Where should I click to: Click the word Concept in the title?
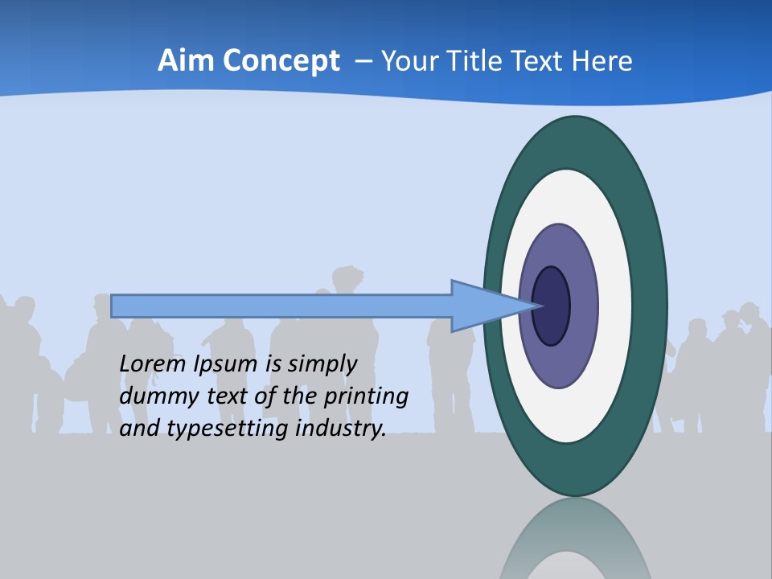(278, 61)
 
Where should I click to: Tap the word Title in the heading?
(478, 61)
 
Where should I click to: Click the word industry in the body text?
(341, 429)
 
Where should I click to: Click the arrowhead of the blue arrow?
(482, 306)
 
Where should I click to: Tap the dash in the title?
(363, 62)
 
